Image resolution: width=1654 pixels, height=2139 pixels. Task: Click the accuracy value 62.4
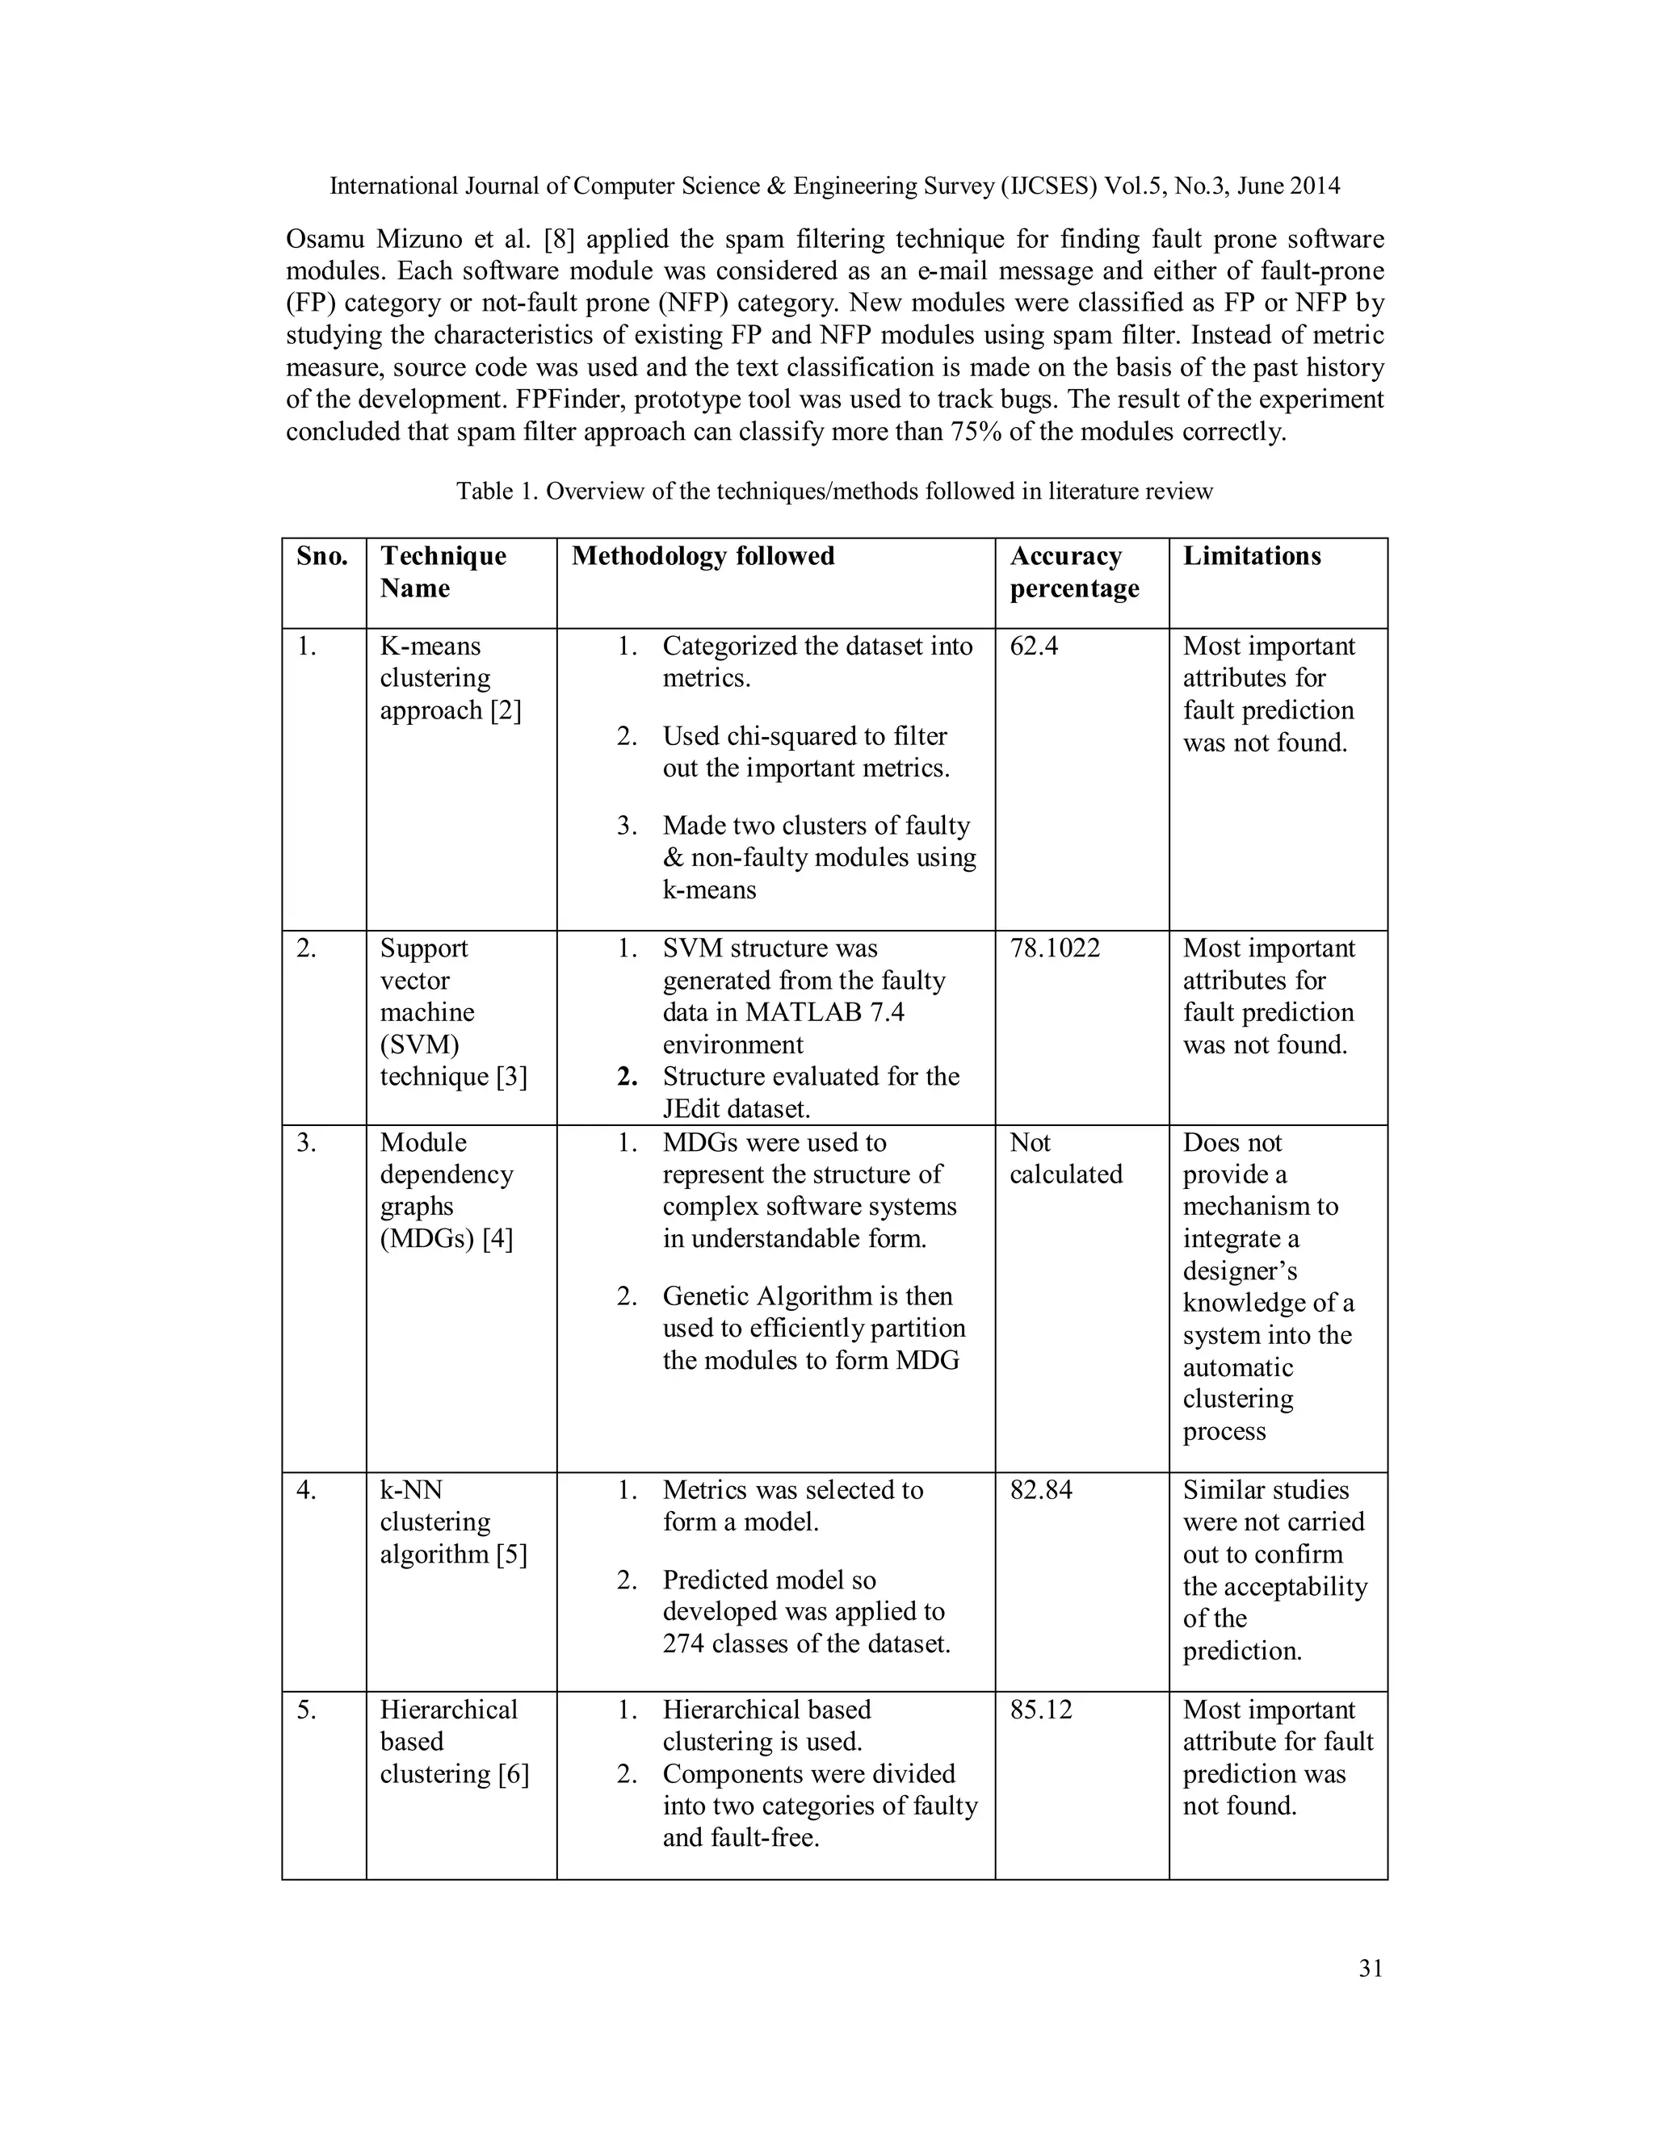click(x=1034, y=647)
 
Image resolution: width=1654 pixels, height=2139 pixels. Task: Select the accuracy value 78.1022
click(x=1054, y=948)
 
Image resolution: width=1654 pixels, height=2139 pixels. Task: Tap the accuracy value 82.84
click(x=1040, y=1490)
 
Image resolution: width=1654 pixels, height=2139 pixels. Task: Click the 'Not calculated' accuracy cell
click(x=1065, y=1158)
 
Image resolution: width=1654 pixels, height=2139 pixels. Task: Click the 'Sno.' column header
click(x=322, y=556)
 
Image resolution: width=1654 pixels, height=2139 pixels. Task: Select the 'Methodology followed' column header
click(x=703, y=556)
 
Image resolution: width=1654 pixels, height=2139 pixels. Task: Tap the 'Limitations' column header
click(x=1251, y=556)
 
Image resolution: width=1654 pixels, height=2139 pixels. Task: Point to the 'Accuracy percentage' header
click(x=1074, y=572)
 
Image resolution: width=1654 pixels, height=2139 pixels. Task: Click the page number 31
click(x=1371, y=1969)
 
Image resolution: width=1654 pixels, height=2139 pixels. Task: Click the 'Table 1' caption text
click(x=833, y=491)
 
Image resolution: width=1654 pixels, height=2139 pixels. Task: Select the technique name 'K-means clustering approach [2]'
click(x=450, y=678)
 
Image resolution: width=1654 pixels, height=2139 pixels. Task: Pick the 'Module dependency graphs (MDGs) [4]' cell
click(x=447, y=1190)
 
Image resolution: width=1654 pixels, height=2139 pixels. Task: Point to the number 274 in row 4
click(x=683, y=1643)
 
